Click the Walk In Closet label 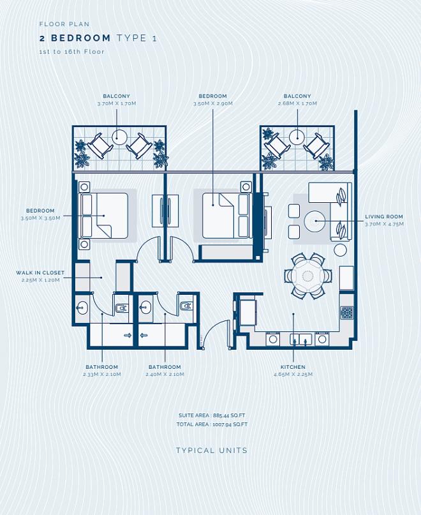pyautogui.click(x=40, y=272)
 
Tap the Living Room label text pyautogui.click(x=384, y=217)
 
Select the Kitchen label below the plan pyautogui.click(x=293, y=367)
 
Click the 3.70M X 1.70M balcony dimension pyautogui.click(x=117, y=103)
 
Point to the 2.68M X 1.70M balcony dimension pyautogui.click(x=297, y=103)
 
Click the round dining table pyautogui.click(x=307, y=276)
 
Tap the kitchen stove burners pyautogui.click(x=347, y=313)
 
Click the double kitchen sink pyautogui.click(x=300, y=340)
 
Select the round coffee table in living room pyautogui.click(x=314, y=221)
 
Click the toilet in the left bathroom pyautogui.click(x=122, y=308)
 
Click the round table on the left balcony pyautogui.click(x=119, y=138)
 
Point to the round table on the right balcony pyautogui.click(x=297, y=137)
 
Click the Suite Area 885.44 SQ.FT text pyautogui.click(x=212, y=415)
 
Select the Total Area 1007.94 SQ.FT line pyautogui.click(x=212, y=424)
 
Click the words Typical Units pyautogui.click(x=212, y=451)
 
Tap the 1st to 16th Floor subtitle pyautogui.click(x=72, y=52)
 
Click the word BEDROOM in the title pyautogui.click(x=81, y=38)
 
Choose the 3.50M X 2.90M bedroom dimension pyautogui.click(x=213, y=103)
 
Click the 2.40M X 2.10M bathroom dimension pyautogui.click(x=165, y=375)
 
